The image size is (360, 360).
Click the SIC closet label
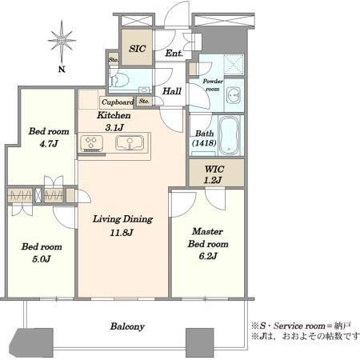[x=138, y=49]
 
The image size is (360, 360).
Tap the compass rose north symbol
[x=62, y=42]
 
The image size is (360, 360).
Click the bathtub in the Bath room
[x=229, y=135]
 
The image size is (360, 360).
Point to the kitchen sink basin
[x=130, y=142]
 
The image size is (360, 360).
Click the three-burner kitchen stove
[x=91, y=143]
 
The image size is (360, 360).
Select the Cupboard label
[x=118, y=102]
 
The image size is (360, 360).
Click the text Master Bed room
[x=208, y=238]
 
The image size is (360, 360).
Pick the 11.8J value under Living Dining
[x=122, y=233]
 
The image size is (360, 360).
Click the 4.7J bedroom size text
[x=49, y=144]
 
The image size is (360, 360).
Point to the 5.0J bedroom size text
[x=42, y=259]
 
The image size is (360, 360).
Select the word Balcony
[x=127, y=326]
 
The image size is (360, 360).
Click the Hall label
[x=172, y=91]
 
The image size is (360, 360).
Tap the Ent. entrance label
[x=174, y=53]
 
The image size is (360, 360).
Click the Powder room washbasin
[x=234, y=95]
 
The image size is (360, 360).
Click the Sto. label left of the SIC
[x=114, y=60]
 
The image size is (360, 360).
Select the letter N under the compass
[x=62, y=70]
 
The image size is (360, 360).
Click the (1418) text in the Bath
[x=204, y=143]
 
